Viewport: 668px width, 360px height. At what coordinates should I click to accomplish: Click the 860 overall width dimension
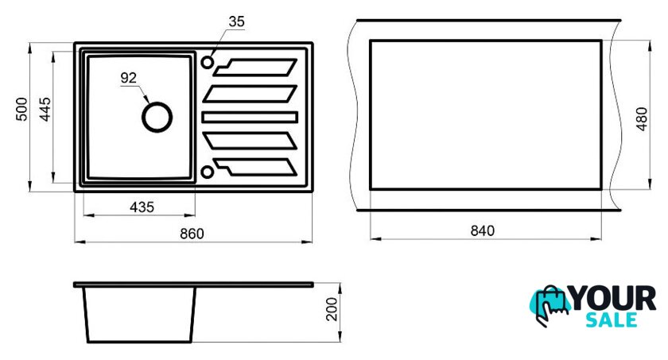click(192, 234)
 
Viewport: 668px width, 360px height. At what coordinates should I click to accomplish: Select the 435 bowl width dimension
click(142, 207)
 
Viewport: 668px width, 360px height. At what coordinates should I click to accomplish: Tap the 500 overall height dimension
click(21, 109)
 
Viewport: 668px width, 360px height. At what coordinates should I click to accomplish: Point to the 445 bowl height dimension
click(45, 109)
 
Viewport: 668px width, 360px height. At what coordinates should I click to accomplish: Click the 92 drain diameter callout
click(129, 78)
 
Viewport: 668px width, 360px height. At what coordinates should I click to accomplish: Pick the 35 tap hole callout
click(236, 21)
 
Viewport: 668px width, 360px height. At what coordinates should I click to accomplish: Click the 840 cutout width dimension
click(482, 230)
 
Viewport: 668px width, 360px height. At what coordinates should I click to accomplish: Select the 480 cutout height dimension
click(642, 118)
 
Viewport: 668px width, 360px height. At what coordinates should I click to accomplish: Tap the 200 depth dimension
click(332, 309)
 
